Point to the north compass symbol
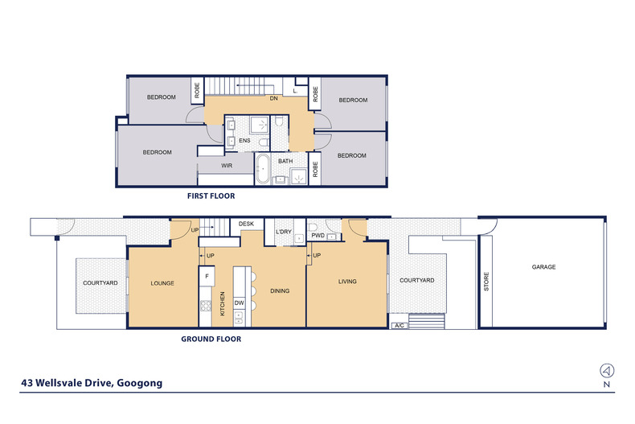pyautogui.click(x=606, y=371)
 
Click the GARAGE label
pyautogui.click(x=544, y=267)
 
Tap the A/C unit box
pyautogui.click(x=399, y=326)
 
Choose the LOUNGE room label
pyautogui.click(x=162, y=283)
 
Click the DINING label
pyautogui.click(x=280, y=290)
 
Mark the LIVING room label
pyautogui.click(x=346, y=282)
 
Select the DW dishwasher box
pyautogui.click(x=239, y=303)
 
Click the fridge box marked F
pyautogui.click(x=207, y=277)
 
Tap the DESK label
pyautogui.click(x=246, y=224)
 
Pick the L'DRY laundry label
pyautogui.click(x=283, y=232)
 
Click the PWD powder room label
pyautogui.click(x=317, y=236)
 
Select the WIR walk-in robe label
pyautogui.click(x=226, y=167)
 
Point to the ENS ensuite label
pyautogui.click(x=244, y=141)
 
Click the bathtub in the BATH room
pyautogui.click(x=262, y=171)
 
